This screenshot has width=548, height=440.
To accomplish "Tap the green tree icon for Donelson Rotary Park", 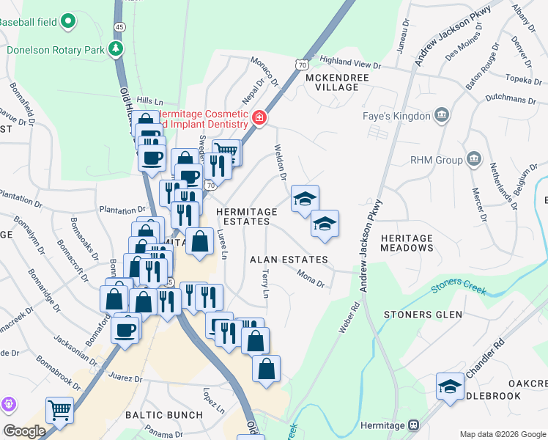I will point(115,49).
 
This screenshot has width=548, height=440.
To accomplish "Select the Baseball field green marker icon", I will point(68,22).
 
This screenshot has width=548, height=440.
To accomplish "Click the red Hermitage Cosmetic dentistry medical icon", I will point(259,117).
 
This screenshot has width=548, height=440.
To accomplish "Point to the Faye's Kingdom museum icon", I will point(442,115).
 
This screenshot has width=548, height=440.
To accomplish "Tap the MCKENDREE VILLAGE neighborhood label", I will point(332,81).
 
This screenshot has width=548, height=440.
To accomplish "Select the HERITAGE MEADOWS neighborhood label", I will point(407,243).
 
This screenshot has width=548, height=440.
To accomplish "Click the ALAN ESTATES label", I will point(288,260).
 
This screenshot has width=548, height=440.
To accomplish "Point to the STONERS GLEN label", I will point(423,315).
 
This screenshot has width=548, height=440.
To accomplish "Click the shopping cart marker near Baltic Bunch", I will point(59,410).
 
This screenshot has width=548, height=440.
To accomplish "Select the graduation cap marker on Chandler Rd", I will point(450,386).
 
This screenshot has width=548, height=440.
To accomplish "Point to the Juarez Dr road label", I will point(125,379).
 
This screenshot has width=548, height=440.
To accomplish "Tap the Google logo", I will point(24,431).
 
